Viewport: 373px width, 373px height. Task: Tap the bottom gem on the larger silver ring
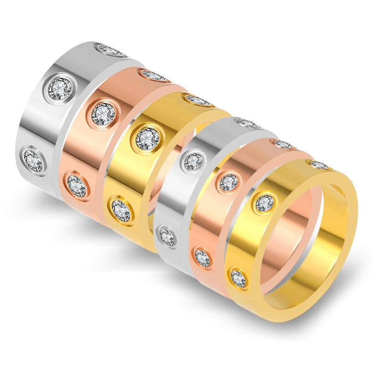[x=34, y=159]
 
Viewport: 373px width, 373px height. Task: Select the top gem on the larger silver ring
[x=110, y=50]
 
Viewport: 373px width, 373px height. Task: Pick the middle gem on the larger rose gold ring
[x=104, y=112]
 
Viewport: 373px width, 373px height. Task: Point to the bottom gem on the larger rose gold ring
[x=77, y=185]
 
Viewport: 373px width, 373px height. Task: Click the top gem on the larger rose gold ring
[x=153, y=75]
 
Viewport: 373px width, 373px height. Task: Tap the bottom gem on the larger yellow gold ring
[x=121, y=210]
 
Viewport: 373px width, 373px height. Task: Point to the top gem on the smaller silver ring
[x=247, y=123]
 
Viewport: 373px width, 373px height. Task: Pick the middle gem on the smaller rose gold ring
[x=229, y=182]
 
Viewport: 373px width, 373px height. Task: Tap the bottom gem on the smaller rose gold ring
[x=202, y=257]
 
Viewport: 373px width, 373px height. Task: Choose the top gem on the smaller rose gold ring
[x=283, y=144]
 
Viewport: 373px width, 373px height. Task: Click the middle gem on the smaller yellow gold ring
[x=264, y=203]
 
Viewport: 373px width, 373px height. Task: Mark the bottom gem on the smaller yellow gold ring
[x=238, y=278]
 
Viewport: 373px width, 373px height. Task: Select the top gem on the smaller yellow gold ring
[x=319, y=165]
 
